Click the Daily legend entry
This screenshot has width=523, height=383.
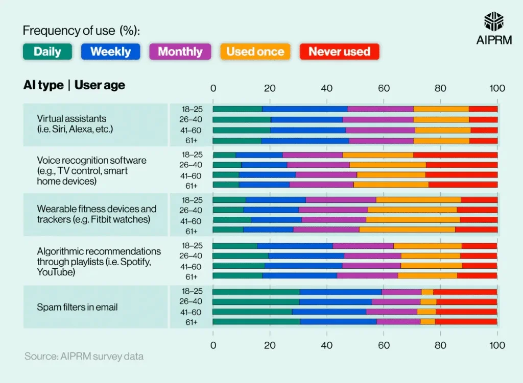click(47, 52)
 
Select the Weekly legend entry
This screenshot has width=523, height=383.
click(110, 52)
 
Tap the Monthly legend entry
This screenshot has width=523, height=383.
click(180, 52)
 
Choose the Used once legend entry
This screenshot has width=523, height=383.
click(255, 52)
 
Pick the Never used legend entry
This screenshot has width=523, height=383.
click(339, 52)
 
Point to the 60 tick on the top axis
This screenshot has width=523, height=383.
click(384, 88)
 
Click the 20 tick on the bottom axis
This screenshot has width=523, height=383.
click(270, 345)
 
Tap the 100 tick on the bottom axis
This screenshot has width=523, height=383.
click(497, 345)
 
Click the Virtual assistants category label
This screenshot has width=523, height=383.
click(75, 124)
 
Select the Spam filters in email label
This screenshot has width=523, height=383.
click(77, 307)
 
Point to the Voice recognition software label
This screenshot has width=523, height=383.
click(91, 170)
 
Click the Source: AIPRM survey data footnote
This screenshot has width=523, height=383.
click(84, 356)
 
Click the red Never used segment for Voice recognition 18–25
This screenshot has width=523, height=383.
click(455, 155)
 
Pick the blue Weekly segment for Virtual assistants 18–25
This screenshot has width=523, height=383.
click(305, 109)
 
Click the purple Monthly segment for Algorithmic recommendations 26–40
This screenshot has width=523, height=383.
click(372, 256)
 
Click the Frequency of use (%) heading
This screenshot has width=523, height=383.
click(81, 31)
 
